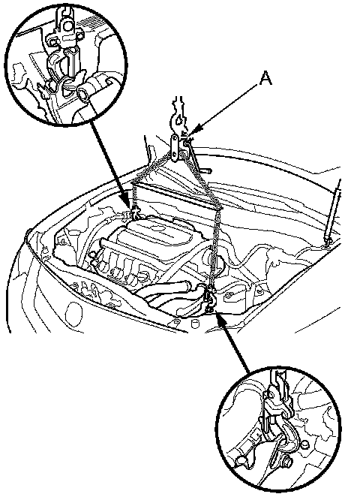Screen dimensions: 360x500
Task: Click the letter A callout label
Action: tap(265, 78)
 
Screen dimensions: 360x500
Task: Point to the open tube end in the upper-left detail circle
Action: tap(82, 95)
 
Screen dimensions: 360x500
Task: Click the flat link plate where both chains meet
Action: tap(175, 148)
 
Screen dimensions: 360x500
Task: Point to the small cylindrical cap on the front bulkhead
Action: tap(194, 324)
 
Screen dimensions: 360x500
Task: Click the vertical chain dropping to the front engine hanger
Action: tap(216, 248)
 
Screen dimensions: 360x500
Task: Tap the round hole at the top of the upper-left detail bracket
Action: tap(67, 26)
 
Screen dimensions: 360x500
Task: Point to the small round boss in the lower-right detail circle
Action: tap(304, 444)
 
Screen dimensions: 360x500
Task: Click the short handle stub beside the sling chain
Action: tap(205, 170)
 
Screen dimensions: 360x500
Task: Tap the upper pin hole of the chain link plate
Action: tap(175, 140)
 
